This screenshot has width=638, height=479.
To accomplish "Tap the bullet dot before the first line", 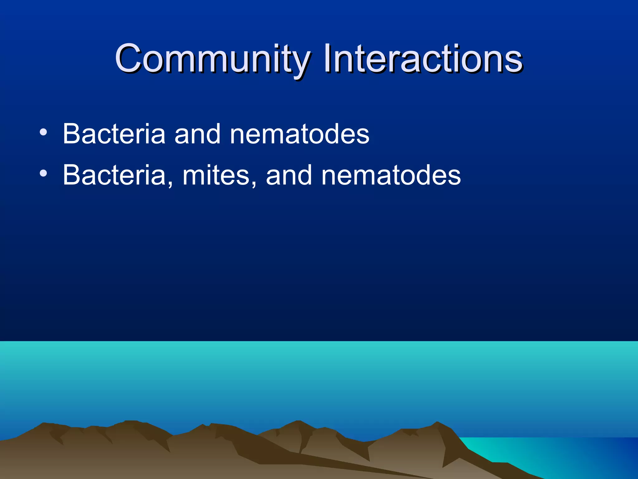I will [44, 133].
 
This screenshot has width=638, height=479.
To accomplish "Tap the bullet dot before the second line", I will [44, 173].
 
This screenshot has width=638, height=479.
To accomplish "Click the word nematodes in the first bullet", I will [299, 134].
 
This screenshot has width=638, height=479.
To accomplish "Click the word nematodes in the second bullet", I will [391, 175].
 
